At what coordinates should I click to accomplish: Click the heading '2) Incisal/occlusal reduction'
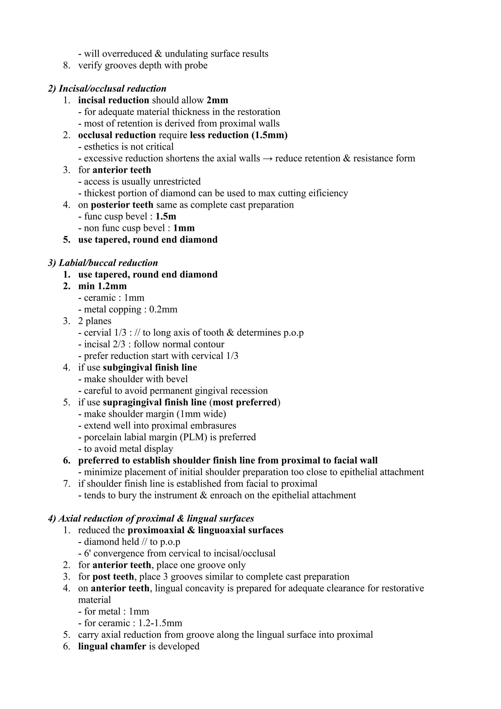(107, 89)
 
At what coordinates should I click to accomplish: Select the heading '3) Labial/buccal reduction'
(103, 263)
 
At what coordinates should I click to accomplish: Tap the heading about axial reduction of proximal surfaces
(151, 518)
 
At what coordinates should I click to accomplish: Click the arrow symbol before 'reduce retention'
(267, 159)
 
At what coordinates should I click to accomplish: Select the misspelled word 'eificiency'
(328, 193)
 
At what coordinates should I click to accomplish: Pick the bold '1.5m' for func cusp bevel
(166, 217)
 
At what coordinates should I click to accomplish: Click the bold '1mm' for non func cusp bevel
(184, 228)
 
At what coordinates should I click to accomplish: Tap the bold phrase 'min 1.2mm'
(102, 286)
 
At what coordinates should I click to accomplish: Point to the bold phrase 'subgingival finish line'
(150, 367)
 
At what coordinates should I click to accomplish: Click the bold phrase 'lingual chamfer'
(112, 646)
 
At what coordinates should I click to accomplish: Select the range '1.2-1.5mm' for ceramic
(160, 623)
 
